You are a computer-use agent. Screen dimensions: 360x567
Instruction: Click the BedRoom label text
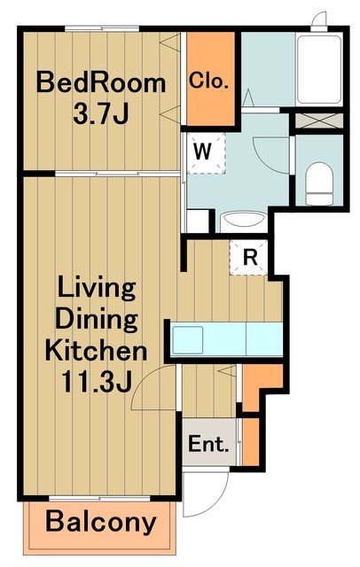(x=101, y=83)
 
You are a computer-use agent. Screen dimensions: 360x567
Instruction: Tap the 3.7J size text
(x=101, y=113)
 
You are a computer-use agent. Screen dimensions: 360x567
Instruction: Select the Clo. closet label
(x=208, y=81)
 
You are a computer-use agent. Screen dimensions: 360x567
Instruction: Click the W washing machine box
(x=206, y=152)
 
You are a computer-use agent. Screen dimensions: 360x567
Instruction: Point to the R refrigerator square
(x=249, y=257)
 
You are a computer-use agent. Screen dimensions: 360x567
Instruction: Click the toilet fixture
(x=318, y=183)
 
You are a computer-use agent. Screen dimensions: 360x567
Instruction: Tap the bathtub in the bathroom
(x=318, y=69)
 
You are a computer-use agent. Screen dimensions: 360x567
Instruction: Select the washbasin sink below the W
(x=244, y=221)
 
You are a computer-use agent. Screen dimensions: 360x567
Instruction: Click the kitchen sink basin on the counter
(x=187, y=340)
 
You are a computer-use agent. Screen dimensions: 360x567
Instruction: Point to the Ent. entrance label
(x=208, y=444)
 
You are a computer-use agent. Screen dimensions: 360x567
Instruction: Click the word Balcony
(x=101, y=523)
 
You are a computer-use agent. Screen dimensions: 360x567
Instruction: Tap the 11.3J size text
(x=97, y=382)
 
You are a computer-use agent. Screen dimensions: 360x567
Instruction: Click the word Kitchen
(x=97, y=350)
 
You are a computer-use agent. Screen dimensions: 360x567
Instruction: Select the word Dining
(x=97, y=320)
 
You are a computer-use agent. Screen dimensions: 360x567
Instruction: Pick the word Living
(x=97, y=289)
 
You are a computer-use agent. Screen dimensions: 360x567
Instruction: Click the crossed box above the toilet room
(x=318, y=120)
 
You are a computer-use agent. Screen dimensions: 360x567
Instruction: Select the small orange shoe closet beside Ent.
(x=251, y=442)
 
